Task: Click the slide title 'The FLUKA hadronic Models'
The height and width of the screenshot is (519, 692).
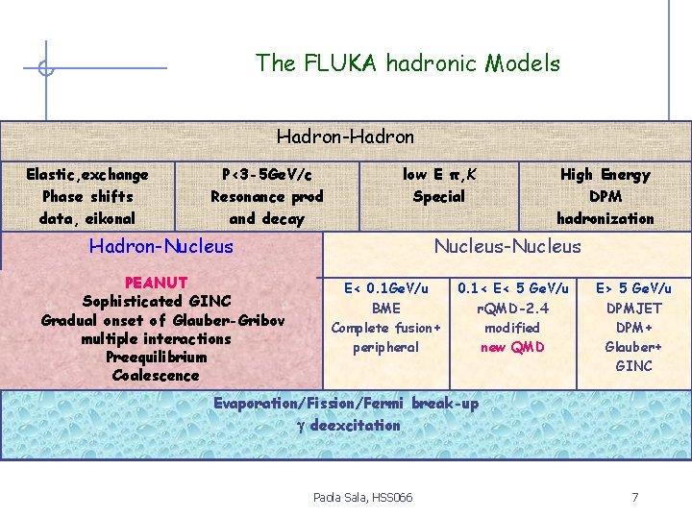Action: pos(408,63)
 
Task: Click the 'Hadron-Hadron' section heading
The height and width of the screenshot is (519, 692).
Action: pos(345,137)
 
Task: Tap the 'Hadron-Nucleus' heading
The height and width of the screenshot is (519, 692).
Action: pos(161,247)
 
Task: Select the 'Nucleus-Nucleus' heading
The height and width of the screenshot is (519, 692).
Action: pos(507,247)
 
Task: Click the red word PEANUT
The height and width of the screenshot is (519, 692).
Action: pos(156,283)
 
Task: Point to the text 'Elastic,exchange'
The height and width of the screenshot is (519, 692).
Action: pos(87,175)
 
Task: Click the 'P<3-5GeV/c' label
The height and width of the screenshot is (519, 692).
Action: pos(267,175)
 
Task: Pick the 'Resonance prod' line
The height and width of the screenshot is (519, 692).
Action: pos(267,197)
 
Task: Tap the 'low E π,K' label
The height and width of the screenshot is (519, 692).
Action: pos(438,174)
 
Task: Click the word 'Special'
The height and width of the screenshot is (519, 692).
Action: pos(438,197)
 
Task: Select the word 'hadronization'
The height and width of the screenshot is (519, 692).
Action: pos(605,218)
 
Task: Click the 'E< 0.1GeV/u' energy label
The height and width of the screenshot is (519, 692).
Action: pos(386,288)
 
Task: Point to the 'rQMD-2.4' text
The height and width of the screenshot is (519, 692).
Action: pos(513,309)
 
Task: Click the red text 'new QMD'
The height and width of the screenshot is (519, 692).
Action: pos(513,347)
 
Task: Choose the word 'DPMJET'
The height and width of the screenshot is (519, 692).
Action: pos(634,309)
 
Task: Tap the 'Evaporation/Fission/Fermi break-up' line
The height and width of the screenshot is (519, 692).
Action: pos(345,404)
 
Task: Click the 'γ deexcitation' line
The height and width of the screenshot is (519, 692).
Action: pos(345,425)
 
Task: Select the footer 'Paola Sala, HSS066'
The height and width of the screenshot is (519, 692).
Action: pos(362,497)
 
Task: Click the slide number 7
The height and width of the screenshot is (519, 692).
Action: pos(634,497)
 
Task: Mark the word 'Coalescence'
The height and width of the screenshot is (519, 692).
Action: pos(156,376)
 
